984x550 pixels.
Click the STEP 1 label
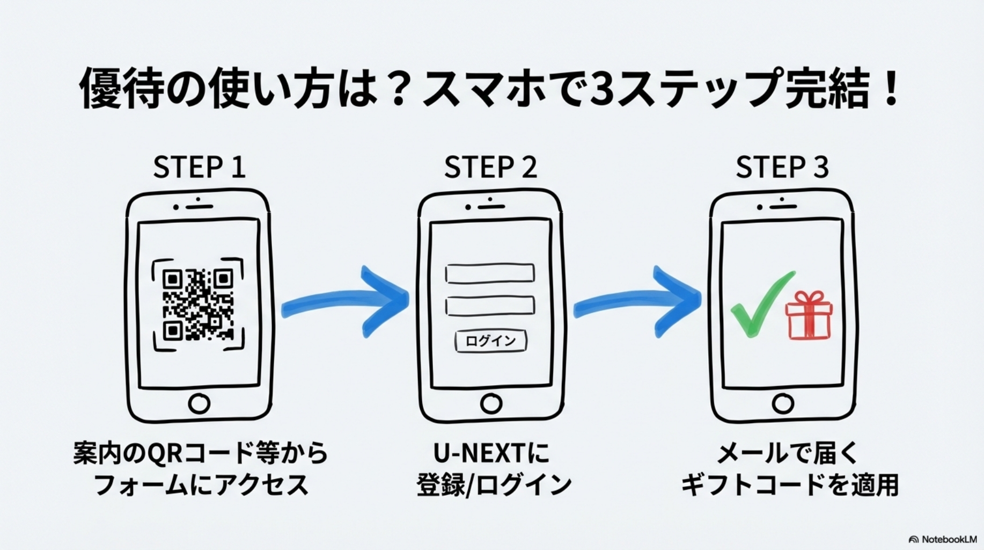(x=199, y=167)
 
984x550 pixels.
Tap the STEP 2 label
(x=490, y=167)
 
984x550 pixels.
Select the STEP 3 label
(x=782, y=167)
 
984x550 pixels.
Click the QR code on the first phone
(x=198, y=305)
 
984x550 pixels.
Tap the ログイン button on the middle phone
(x=490, y=341)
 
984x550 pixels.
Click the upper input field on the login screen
(x=490, y=273)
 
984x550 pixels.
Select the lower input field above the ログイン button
(x=490, y=306)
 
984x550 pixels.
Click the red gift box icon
(x=809, y=316)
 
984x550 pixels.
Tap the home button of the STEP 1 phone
(x=199, y=403)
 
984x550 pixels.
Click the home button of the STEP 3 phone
(x=782, y=403)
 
